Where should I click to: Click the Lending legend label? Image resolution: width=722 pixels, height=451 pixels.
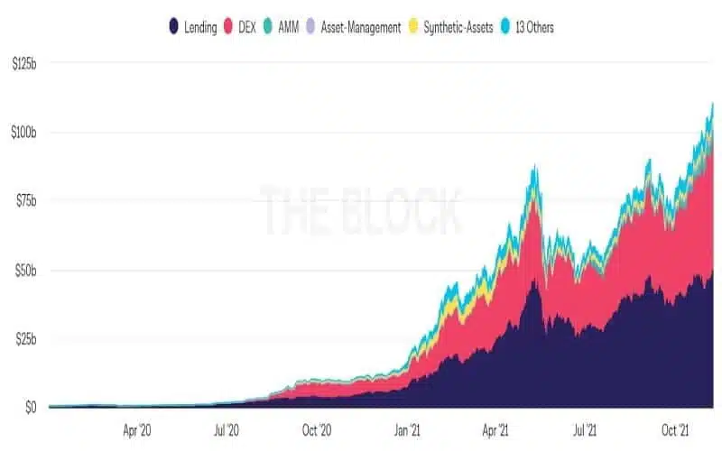point(200,28)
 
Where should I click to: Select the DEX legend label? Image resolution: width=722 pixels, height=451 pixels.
point(246,28)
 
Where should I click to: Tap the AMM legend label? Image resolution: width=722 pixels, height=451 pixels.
point(288,28)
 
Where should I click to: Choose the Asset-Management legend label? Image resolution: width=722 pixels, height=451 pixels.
point(361,28)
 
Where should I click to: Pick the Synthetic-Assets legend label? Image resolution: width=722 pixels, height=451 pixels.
point(458,28)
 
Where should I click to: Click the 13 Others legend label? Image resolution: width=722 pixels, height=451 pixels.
point(534,28)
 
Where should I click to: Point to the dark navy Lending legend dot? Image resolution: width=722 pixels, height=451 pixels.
point(173,26)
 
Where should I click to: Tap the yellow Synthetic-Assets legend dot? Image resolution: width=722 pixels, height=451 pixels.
point(413,26)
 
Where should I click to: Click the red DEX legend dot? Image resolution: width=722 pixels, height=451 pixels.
point(228,26)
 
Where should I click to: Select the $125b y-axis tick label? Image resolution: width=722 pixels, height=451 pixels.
point(24,64)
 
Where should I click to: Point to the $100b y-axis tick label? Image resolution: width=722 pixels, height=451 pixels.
point(24,133)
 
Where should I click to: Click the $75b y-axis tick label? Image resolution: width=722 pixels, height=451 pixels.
point(26,200)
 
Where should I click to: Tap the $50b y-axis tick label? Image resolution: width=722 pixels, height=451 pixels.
point(26,270)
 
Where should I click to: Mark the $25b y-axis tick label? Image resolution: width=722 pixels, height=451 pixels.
point(26,339)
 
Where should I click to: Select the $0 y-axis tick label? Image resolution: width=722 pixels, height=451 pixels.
point(31,408)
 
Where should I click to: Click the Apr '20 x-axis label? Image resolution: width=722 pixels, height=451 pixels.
point(137,430)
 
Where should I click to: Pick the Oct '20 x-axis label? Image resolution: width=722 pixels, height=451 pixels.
point(317,430)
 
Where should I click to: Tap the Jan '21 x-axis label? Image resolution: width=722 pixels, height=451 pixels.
point(407,430)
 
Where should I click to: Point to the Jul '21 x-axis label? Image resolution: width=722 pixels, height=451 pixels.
point(585,430)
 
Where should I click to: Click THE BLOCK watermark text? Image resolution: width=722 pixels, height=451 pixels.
point(361,210)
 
